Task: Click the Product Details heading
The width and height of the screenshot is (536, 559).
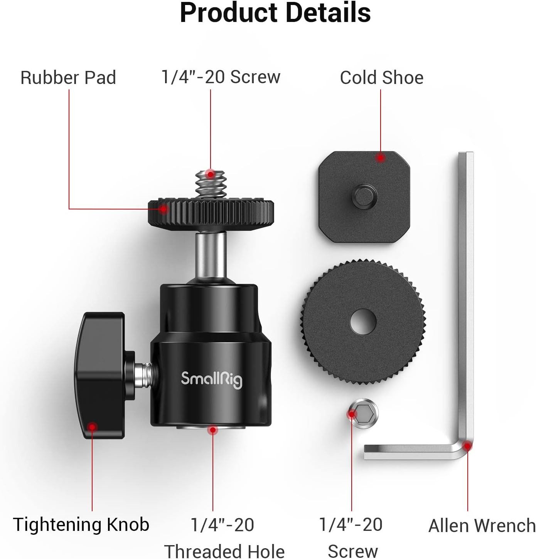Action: (275, 13)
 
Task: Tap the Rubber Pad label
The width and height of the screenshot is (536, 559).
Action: (68, 78)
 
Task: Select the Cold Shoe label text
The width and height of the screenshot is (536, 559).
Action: (381, 78)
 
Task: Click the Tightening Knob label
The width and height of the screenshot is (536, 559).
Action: (81, 525)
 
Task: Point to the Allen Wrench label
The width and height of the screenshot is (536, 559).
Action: (482, 525)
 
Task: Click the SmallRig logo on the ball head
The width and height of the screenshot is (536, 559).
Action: (211, 379)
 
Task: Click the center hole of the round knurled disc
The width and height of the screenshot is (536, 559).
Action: (363, 322)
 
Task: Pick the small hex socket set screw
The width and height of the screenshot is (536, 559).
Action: (363, 414)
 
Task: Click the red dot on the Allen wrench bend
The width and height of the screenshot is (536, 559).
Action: (467, 446)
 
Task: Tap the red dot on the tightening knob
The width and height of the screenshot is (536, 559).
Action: (92, 426)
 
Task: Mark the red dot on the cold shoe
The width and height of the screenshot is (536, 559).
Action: (381, 158)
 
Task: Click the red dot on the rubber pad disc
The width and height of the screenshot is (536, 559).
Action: (164, 209)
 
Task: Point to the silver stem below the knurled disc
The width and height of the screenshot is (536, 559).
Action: (210, 254)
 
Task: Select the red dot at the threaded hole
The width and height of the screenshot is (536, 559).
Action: (212, 430)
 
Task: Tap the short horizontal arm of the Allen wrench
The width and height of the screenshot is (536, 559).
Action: (409, 452)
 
